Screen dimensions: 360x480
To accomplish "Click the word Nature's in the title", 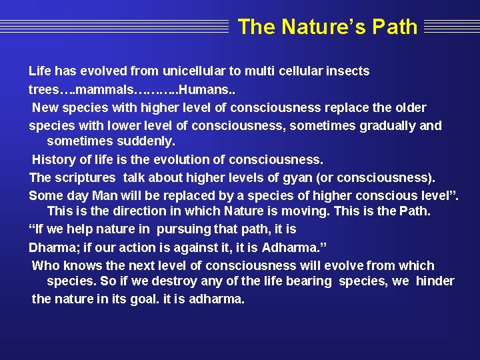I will point(323,27).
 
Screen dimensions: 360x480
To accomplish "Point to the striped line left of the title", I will point(113,27).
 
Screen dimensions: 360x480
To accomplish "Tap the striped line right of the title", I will point(451,27).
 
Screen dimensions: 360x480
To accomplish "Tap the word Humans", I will point(203,89).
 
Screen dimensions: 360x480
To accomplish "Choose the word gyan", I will point(299,178).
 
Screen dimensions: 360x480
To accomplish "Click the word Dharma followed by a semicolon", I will point(53,247).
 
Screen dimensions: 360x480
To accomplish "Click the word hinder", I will point(435,281).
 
